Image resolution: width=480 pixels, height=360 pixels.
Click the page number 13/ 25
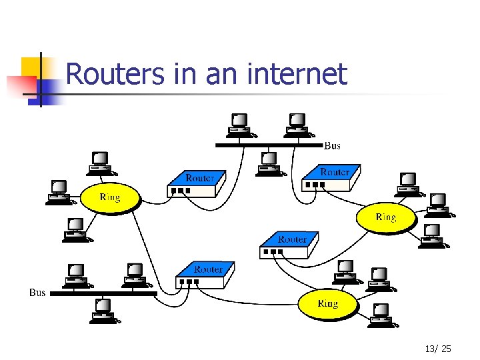[x=437, y=349]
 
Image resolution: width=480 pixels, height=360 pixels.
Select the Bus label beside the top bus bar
[x=332, y=145]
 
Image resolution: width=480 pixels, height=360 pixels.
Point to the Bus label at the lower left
[x=37, y=293]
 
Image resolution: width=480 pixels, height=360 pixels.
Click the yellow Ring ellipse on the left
[x=110, y=197]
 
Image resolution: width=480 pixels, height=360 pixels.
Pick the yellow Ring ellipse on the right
[x=385, y=217]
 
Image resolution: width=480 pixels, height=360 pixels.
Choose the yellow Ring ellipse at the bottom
[x=327, y=304]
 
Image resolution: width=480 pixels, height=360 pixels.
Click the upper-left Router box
[x=196, y=183]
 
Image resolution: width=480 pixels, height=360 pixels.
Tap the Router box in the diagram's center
[x=289, y=244]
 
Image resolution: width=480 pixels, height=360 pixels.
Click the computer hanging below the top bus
[x=269, y=163]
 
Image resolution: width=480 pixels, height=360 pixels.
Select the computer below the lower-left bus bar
[x=103, y=309]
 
